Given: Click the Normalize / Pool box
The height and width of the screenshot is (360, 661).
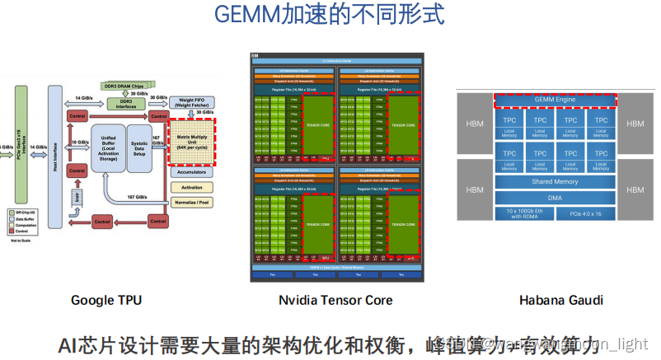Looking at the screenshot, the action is (x=192, y=200).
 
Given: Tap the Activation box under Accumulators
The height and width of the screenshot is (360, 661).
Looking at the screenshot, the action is (x=192, y=187).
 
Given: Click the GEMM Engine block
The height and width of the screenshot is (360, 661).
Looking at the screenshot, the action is (x=555, y=100).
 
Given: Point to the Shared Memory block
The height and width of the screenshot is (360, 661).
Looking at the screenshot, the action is (x=555, y=181).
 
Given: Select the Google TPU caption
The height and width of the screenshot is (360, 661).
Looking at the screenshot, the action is (x=106, y=300).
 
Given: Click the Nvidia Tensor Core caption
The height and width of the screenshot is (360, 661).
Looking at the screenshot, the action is (x=336, y=300).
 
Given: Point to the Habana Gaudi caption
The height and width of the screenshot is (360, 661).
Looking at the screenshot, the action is (x=560, y=300).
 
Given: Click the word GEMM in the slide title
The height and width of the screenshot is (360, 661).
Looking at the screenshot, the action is (x=247, y=14).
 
